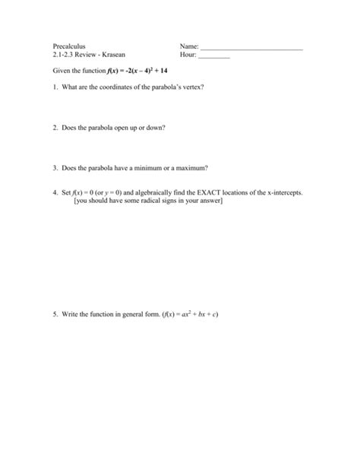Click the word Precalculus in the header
point(69,46)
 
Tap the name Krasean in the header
point(114,55)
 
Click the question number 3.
point(55,168)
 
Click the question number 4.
point(55,193)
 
